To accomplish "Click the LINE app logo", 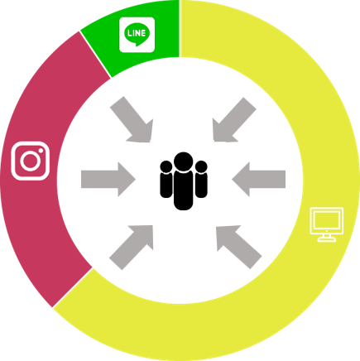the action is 137,35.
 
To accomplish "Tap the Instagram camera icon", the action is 31,161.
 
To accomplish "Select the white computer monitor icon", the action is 327,224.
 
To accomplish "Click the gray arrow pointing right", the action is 108,179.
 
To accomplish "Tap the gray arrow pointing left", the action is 259,179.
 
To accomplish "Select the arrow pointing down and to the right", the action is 133,121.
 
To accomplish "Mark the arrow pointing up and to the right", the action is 132,247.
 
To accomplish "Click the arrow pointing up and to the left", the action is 238,247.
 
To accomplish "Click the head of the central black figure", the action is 184,161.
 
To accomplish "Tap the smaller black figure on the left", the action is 166,179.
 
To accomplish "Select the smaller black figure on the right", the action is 201,179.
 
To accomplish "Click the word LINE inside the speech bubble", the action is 137,33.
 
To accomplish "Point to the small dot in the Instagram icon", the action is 41,151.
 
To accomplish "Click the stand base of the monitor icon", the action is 327,239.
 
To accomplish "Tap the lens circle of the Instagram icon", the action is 30,161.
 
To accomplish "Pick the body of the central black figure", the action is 184,190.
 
